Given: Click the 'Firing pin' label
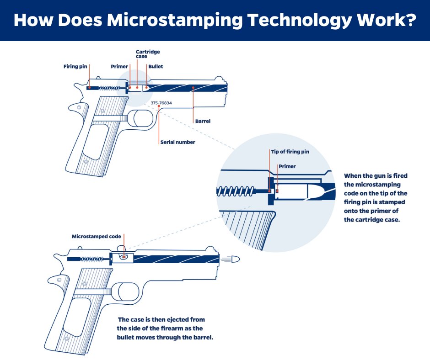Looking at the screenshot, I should pyautogui.click(x=75, y=67).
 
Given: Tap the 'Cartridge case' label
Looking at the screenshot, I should pyautogui.click(x=148, y=54).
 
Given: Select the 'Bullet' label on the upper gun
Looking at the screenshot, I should pyautogui.click(x=155, y=67).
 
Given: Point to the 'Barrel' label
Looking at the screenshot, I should pyautogui.click(x=203, y=122).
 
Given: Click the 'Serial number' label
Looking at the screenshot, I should pyautogui.click(x=177, y=142).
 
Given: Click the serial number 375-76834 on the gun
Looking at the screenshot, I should pyautogui.click(x=161, y=103).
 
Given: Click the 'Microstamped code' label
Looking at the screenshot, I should pyautogui.click(x=97, y=237).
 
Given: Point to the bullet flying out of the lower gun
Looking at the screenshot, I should pyautogui.click(x=235, y=259).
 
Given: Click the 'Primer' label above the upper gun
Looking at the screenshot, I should pyautogui.click(x=119, y=67).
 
